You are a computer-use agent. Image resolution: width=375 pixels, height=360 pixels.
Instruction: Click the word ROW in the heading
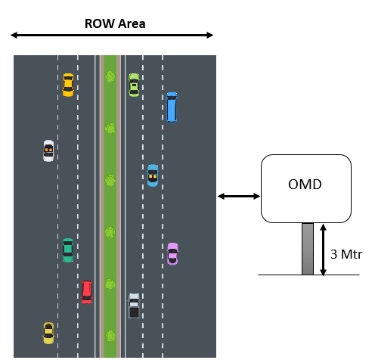pyautogui.click(x=99, y=23)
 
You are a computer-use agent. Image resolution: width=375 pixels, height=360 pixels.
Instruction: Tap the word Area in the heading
pyautogui.click(x=132, y=23)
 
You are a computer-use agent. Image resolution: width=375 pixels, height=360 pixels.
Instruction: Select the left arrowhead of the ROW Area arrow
pyautogui.click(x=14, y=35)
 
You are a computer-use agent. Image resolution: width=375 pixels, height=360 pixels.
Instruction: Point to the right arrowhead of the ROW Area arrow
pyautogui.click(x=210, y=35)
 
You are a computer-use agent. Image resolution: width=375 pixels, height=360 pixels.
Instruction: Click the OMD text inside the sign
pyautogui.click(x=305, y=185)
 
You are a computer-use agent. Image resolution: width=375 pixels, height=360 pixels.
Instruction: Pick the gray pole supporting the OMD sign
pyautogui.click(x=308, y=249)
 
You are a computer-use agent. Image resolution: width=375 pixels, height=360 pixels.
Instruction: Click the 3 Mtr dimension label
pyautogui.click(x=346, y=254)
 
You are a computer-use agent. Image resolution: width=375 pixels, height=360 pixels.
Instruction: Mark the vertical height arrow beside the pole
pyautogui.click(x=323, y=250)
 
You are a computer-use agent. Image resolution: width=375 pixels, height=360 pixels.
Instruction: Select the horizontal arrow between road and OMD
pyautogui.click(x=239, y=196)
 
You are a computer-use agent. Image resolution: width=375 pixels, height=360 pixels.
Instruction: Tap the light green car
pyautogui.click(x=134, y=85)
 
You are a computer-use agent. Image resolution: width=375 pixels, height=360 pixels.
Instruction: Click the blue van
pyautogui.click(x=172, y=107)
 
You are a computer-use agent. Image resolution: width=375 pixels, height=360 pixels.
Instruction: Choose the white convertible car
pyautogui.click(x=48, y=151)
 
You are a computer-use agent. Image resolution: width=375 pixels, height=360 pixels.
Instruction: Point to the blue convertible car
pyautogui.click(x=153, y=175)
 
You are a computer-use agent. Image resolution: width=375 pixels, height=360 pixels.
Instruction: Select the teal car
pyautogui.click(x=68, y=250)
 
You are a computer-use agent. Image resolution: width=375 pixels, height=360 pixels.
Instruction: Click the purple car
pyautogui.click(x=172, y=254)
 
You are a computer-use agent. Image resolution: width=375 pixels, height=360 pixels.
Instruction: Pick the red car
pyautogui.click(x=87, y=293)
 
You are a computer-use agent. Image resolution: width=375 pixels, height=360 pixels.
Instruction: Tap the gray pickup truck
pyautogui.click(x=134, y=306)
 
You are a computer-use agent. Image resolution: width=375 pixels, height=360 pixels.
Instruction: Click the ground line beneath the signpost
pyautogui.click(x=308, y=275)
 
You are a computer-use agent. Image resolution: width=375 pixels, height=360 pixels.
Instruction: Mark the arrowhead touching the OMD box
pyautogui.click(x=257, y=196)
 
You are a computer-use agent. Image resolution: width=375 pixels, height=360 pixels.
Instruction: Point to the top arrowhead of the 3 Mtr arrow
pyautogui.click(x=323, y=227)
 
